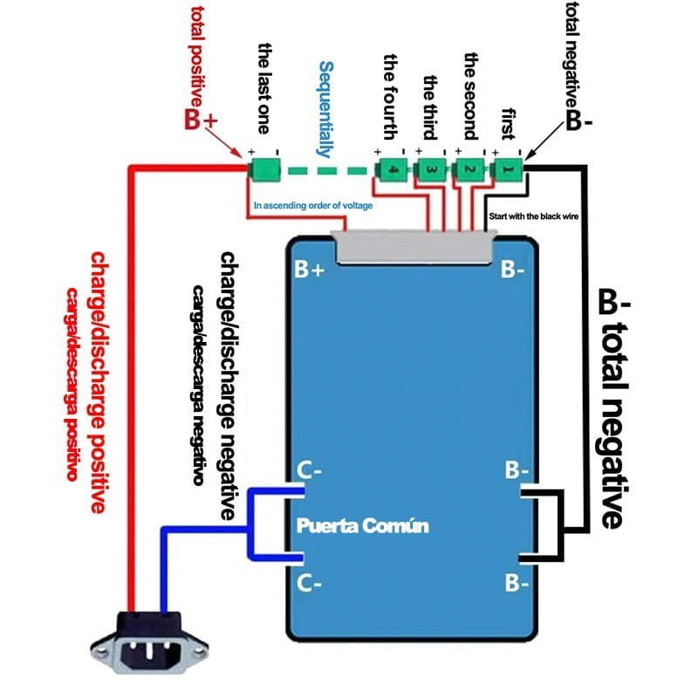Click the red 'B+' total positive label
[200, 120]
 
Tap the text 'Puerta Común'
[363, 527]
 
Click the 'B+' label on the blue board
[310, 270]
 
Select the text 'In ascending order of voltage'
[312, 206]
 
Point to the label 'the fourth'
[391, 96]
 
